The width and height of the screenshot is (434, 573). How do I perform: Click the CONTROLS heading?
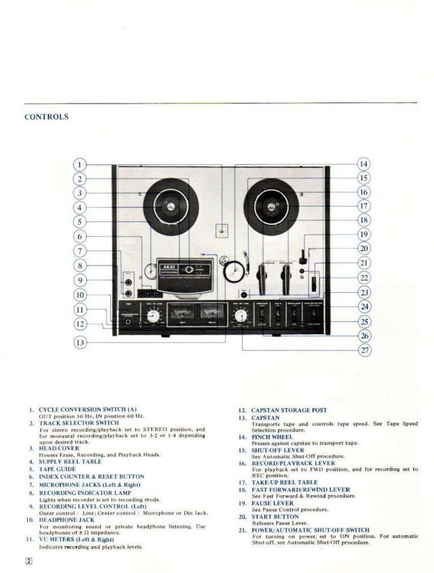coord(46,117)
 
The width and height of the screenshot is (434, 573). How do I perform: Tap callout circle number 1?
coord(80,164)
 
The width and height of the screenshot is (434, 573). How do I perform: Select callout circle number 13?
coord(80,342)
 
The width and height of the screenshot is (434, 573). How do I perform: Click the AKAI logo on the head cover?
coord(168,266)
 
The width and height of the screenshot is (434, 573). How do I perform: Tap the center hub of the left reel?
coord(170,206)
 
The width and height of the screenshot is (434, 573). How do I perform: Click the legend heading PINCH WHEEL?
coord(271,437)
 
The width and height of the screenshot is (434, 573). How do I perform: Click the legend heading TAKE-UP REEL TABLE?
coord(285,482)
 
